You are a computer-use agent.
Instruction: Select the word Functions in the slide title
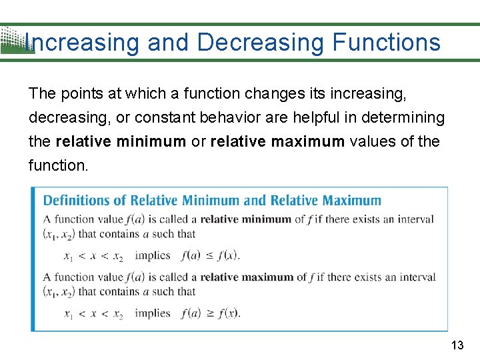tap(386, 43)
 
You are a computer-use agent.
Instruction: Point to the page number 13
tap(457, 345)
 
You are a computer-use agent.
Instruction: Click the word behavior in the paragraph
tap(229, 118)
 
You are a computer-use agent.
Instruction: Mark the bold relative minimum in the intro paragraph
tap(121, 141)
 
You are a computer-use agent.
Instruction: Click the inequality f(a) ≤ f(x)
tap(210, 255)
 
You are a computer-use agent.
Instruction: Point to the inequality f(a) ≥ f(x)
tap(210, 313)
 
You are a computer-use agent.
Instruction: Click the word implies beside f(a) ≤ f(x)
tap(153, 255)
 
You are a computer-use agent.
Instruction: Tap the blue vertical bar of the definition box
tap(33, 259)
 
